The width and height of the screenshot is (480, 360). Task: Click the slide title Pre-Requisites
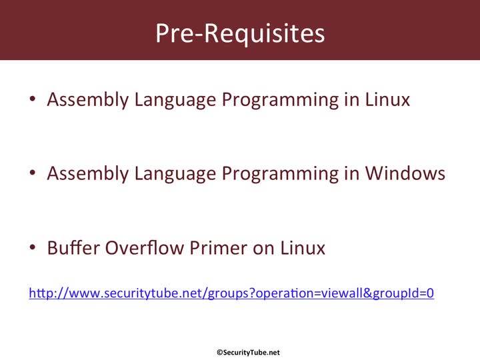point(240,34)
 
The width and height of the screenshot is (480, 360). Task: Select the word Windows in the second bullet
point(405,173)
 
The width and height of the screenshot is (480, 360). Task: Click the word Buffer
point(73,247)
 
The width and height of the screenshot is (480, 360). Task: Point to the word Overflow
point(145,247)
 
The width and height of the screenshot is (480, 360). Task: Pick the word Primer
point(218,247)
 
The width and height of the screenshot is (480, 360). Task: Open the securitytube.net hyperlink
point(231,293)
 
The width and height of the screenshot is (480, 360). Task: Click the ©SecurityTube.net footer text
point(248,353)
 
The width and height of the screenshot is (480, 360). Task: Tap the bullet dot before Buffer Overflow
point(33,247)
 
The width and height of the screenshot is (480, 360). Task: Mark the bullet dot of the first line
point(33,99)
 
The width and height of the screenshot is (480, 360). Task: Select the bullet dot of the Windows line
point(33,173)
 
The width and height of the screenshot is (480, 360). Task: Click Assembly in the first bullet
point(88,100)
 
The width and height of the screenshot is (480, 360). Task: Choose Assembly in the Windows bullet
point(88,174)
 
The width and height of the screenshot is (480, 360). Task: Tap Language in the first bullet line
point(175,100)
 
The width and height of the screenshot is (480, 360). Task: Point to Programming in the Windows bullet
point(281,174)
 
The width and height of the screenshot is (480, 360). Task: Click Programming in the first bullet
point(281,100)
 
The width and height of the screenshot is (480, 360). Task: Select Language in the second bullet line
point(175,174)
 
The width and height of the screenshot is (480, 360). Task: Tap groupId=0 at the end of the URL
point(403,293)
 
